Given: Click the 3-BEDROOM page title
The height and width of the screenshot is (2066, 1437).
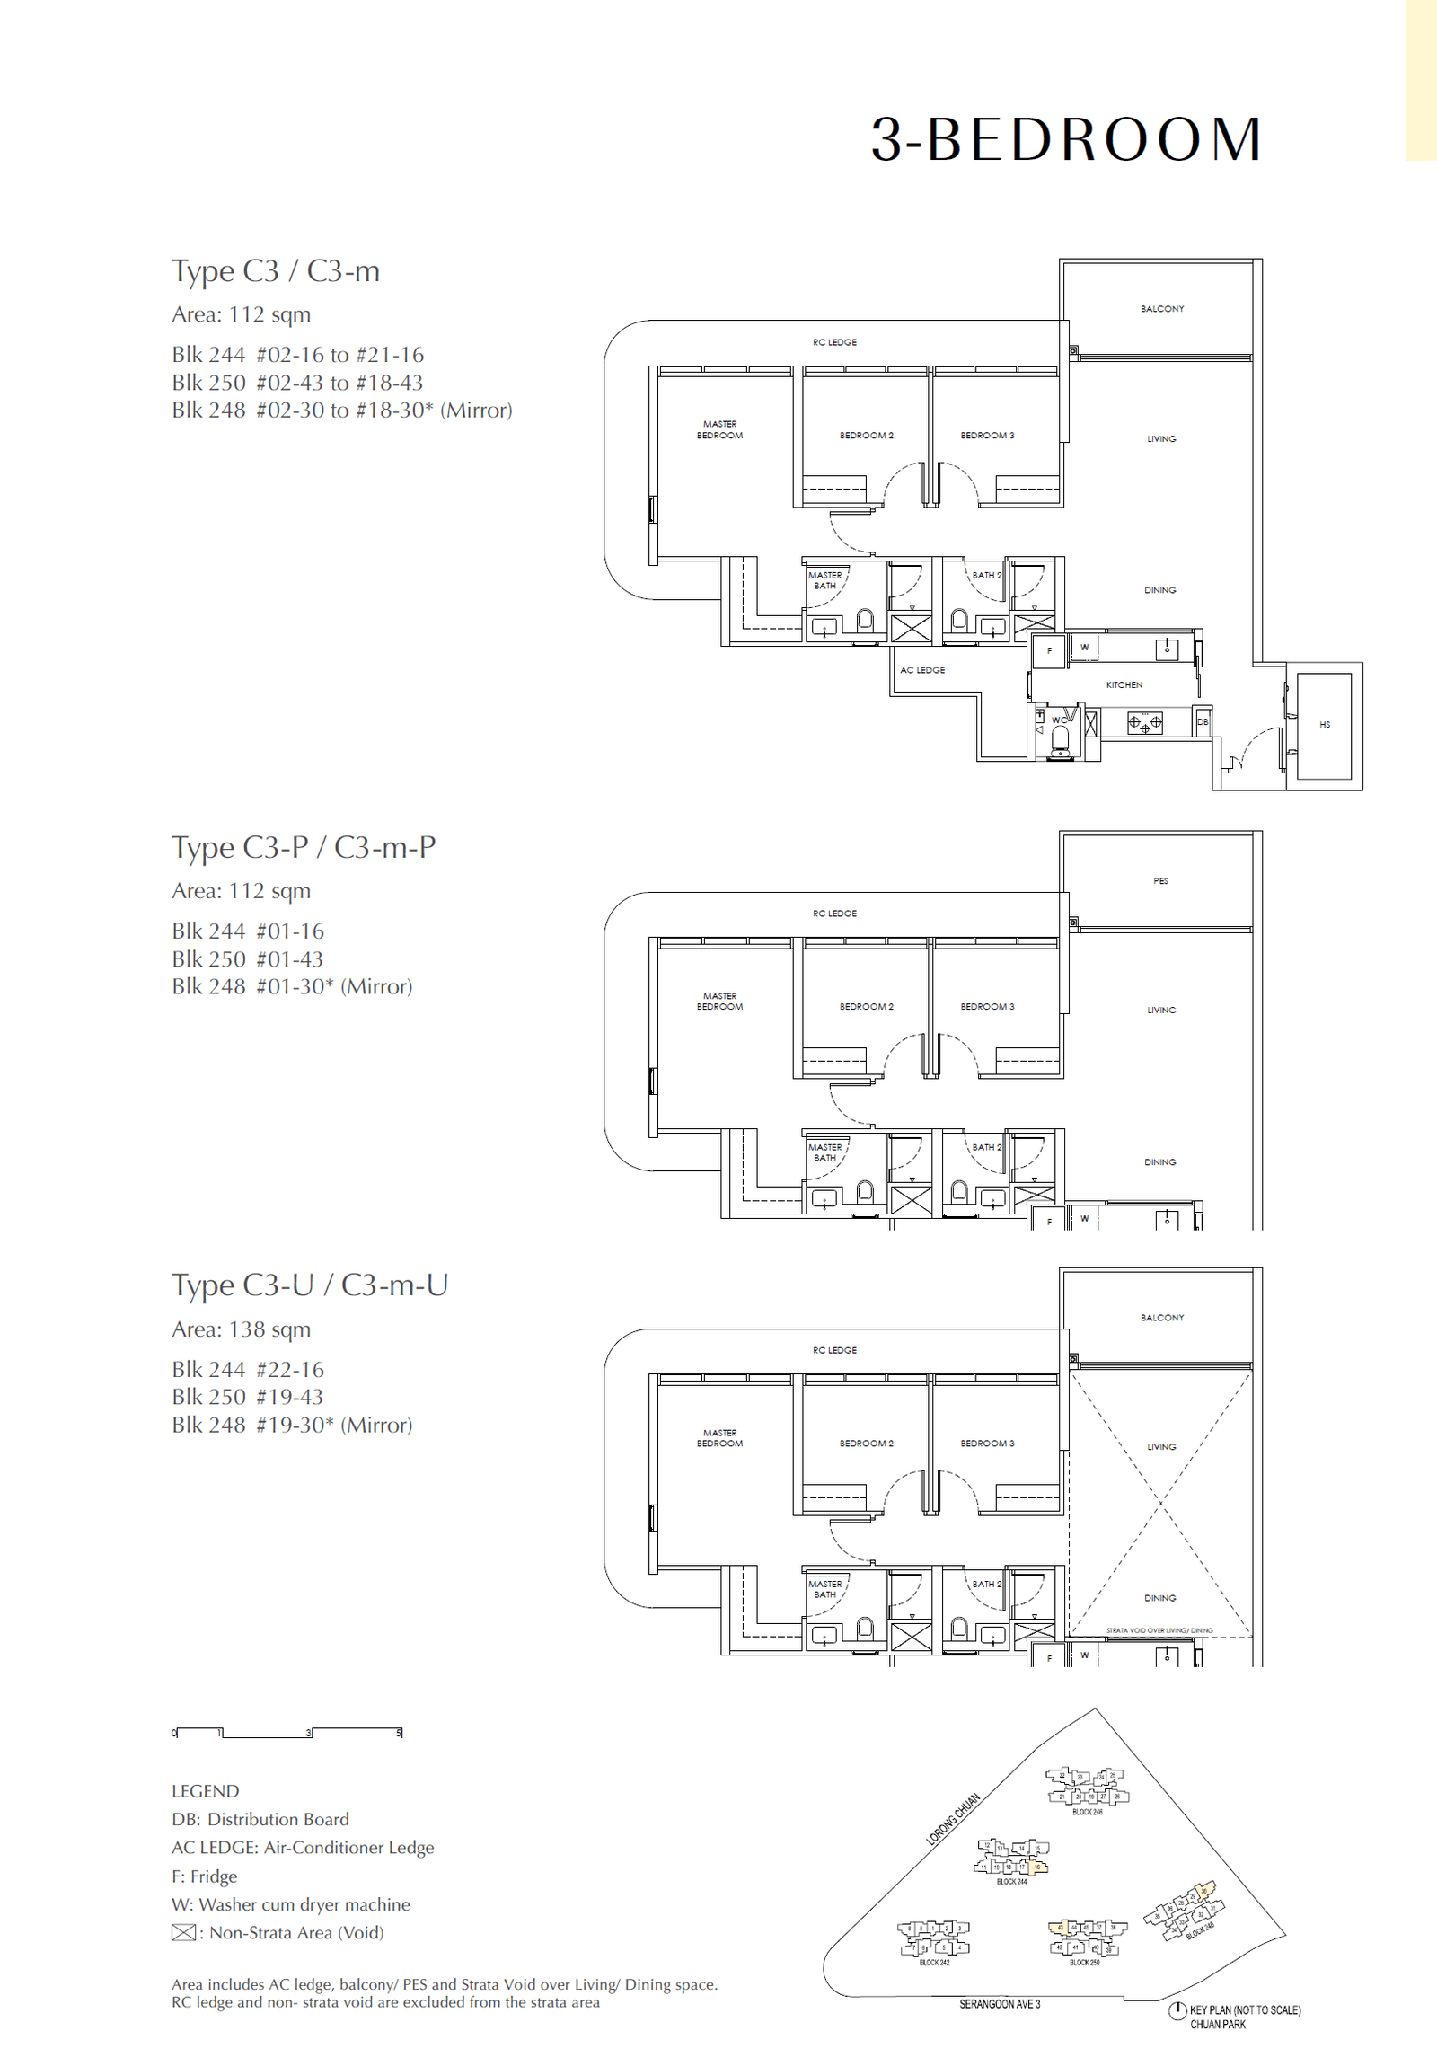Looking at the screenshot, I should point(1066,140).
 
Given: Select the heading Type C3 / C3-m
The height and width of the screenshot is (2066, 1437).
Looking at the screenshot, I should point(276,271).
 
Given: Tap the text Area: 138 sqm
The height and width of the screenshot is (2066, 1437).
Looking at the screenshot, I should point(242,1329).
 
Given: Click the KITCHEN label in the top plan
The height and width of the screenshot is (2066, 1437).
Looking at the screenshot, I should point(1124,684).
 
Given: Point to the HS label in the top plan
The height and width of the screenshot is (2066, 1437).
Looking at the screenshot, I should point(1325,724).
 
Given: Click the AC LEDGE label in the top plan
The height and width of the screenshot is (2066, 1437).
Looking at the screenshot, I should point(922,670).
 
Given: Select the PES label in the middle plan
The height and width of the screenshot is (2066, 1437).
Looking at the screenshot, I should point(1160,881).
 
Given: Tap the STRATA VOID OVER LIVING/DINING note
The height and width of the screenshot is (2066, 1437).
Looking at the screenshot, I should point(1159,1630).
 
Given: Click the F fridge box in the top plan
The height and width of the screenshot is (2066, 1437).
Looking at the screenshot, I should point(1049,650).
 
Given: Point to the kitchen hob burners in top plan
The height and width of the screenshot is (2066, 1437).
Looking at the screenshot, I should point(1144,722).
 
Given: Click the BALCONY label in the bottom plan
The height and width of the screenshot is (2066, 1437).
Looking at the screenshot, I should point(1161,1318).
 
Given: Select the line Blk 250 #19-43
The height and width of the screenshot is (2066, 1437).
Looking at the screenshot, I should point(248,1397).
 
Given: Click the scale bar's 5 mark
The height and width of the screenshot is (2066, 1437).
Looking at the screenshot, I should point(400,1733).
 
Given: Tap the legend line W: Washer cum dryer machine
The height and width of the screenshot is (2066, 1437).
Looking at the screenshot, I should point(291,1904).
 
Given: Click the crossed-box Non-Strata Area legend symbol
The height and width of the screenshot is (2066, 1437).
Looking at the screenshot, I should point(183,1933).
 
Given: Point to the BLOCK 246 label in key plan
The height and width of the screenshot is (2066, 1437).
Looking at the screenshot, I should point(1087,1813).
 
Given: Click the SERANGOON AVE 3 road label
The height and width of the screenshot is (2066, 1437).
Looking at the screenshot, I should point(999,2004).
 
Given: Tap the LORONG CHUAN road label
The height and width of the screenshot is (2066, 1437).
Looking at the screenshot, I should point(953,1819).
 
